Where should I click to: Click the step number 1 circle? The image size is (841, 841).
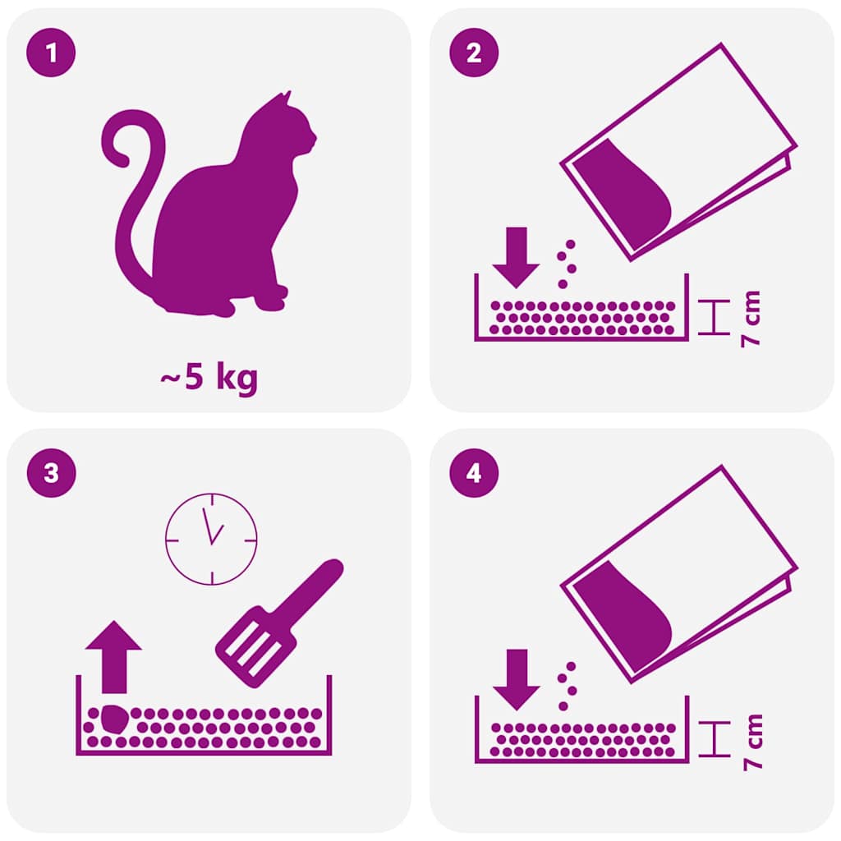(x=53, y=54)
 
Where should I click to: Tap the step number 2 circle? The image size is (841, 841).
(x=474, y=54)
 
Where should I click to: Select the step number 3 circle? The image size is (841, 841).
(x=53, y=474)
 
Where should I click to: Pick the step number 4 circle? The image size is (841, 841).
(x=474, y=474)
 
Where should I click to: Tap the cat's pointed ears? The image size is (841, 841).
(x=285, y=100)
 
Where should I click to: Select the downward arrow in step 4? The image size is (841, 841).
(x=515, y=678)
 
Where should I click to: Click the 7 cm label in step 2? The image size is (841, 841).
(x=750, y=319)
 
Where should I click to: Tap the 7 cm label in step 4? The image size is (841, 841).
(x=750, y=741)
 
